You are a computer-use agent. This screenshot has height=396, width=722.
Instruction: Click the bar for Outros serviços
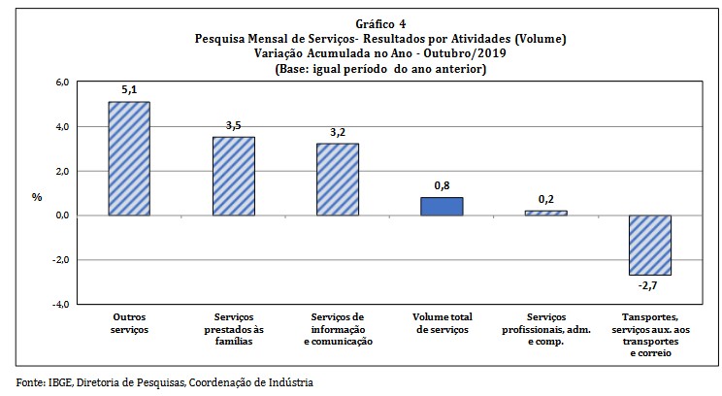click(129, 158)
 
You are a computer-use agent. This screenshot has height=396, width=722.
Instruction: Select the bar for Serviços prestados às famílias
click(233, 176)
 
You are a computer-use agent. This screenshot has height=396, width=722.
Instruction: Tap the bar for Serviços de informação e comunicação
click(338, 180)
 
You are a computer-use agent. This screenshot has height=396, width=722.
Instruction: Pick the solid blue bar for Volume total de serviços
click(442, 206)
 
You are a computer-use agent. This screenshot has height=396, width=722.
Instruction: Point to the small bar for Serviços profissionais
click(545, 213)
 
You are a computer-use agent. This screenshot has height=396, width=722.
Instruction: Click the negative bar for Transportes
click(650, 245)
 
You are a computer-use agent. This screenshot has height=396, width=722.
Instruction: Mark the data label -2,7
click(650, 286)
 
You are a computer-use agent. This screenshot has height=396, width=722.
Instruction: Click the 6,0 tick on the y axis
click(60, 82)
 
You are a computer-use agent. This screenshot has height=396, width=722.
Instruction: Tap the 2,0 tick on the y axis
click(60, 171)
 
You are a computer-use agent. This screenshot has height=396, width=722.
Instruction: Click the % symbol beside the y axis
click(37, 196)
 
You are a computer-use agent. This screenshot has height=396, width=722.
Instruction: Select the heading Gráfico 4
click(379, 24)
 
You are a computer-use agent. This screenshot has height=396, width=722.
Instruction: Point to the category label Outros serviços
click(129, 323)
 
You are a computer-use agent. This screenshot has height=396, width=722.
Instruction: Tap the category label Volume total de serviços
click(442, 323)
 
